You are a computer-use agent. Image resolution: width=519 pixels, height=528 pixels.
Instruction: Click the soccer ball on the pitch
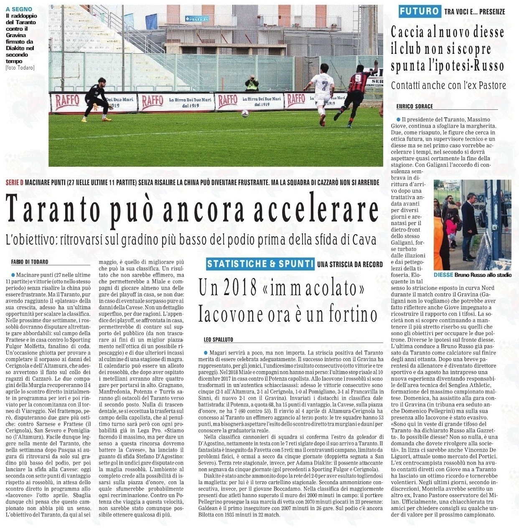[x=245, y=113]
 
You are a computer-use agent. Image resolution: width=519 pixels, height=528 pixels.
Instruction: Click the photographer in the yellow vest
[x=252, y=83]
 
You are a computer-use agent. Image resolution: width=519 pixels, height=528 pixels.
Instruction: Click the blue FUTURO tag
[x=419, y=11]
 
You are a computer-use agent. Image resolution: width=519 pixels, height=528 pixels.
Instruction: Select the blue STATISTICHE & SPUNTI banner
[x=260, y=263]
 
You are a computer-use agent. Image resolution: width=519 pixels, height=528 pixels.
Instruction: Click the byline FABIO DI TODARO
[x=30, y=262]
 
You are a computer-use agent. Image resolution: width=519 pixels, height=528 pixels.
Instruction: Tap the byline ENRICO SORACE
[x=415, y=106]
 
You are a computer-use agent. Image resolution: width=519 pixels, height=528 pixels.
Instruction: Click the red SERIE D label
[x=15, y=183]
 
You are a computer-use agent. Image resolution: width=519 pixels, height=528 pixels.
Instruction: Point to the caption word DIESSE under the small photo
[x=443, y=275]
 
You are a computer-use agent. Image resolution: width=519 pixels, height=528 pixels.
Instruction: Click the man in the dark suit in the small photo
[x=469, y=219]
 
